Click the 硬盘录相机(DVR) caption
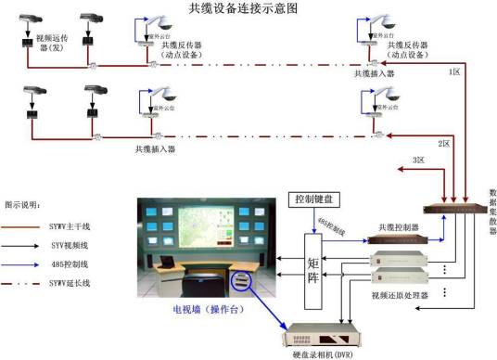pyautogui.click(x=325, y=354)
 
